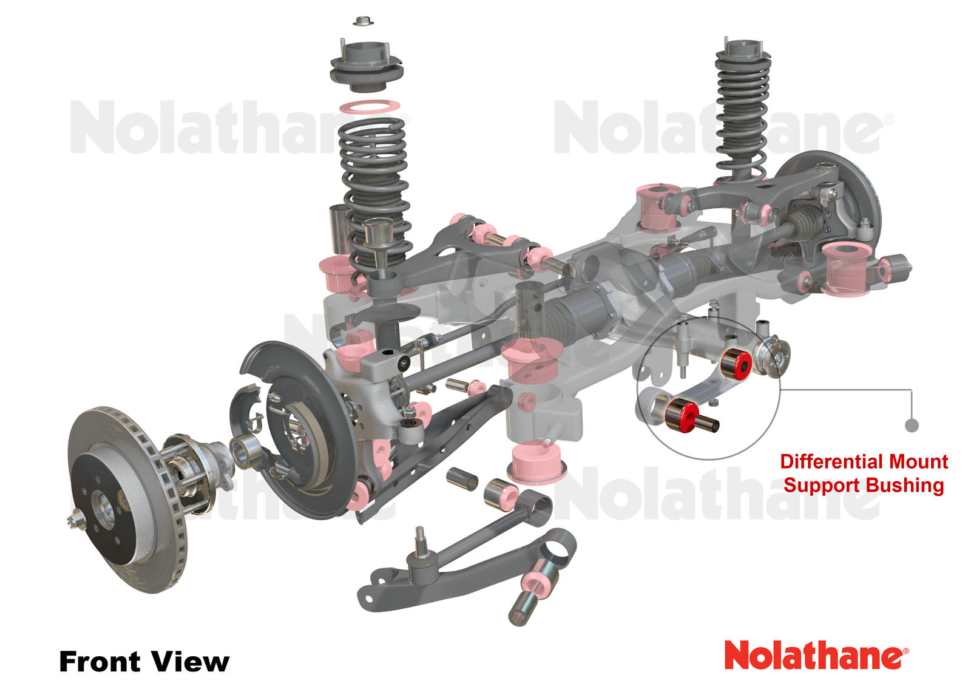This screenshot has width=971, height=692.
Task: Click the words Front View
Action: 144,661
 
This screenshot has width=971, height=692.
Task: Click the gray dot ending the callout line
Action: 911,426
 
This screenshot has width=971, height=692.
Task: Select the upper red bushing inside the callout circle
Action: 736,363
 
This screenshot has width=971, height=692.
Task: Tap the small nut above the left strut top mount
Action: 362,22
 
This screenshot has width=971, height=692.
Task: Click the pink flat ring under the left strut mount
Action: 369,107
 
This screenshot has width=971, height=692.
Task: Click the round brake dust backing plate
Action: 297,425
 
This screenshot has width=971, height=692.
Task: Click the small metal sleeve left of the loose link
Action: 462,479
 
